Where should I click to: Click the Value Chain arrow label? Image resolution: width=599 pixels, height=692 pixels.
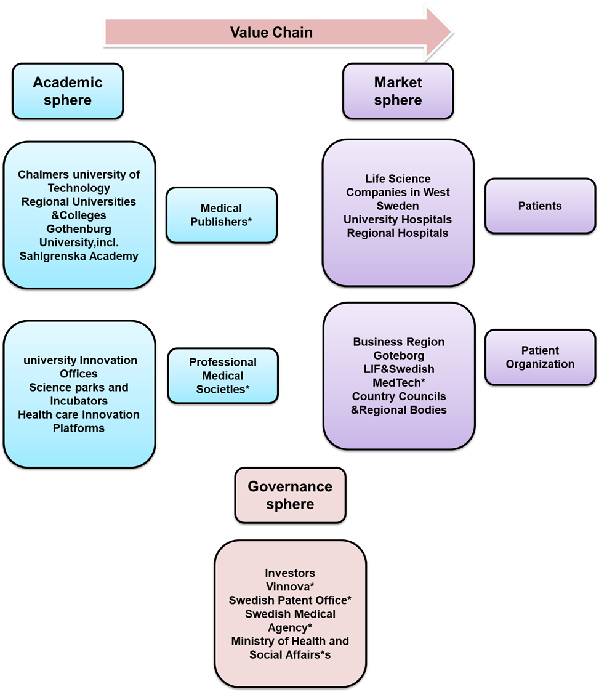271,32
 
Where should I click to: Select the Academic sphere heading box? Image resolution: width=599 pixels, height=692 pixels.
68,91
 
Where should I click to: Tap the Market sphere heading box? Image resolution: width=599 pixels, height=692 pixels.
398,91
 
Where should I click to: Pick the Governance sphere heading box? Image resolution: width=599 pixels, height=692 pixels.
290,495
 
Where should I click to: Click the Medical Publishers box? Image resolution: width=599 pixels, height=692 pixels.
221,215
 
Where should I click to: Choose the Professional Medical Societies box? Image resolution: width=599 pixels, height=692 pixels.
223,376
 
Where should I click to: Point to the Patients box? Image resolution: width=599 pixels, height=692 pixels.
540,206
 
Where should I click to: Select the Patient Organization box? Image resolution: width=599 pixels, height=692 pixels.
540,357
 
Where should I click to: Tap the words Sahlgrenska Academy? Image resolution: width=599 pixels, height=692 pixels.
79,256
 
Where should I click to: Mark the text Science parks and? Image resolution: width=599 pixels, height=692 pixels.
79,387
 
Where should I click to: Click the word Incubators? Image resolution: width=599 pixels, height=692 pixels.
79,401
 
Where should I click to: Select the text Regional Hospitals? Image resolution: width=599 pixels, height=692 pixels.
398,233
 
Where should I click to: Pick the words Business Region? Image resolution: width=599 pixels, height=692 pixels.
399,342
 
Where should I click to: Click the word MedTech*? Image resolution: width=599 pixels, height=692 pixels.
399,382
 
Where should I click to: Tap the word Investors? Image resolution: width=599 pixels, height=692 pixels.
290,573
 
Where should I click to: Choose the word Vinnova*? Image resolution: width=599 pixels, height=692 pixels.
290,587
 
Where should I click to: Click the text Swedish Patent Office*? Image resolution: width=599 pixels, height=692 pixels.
290,600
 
